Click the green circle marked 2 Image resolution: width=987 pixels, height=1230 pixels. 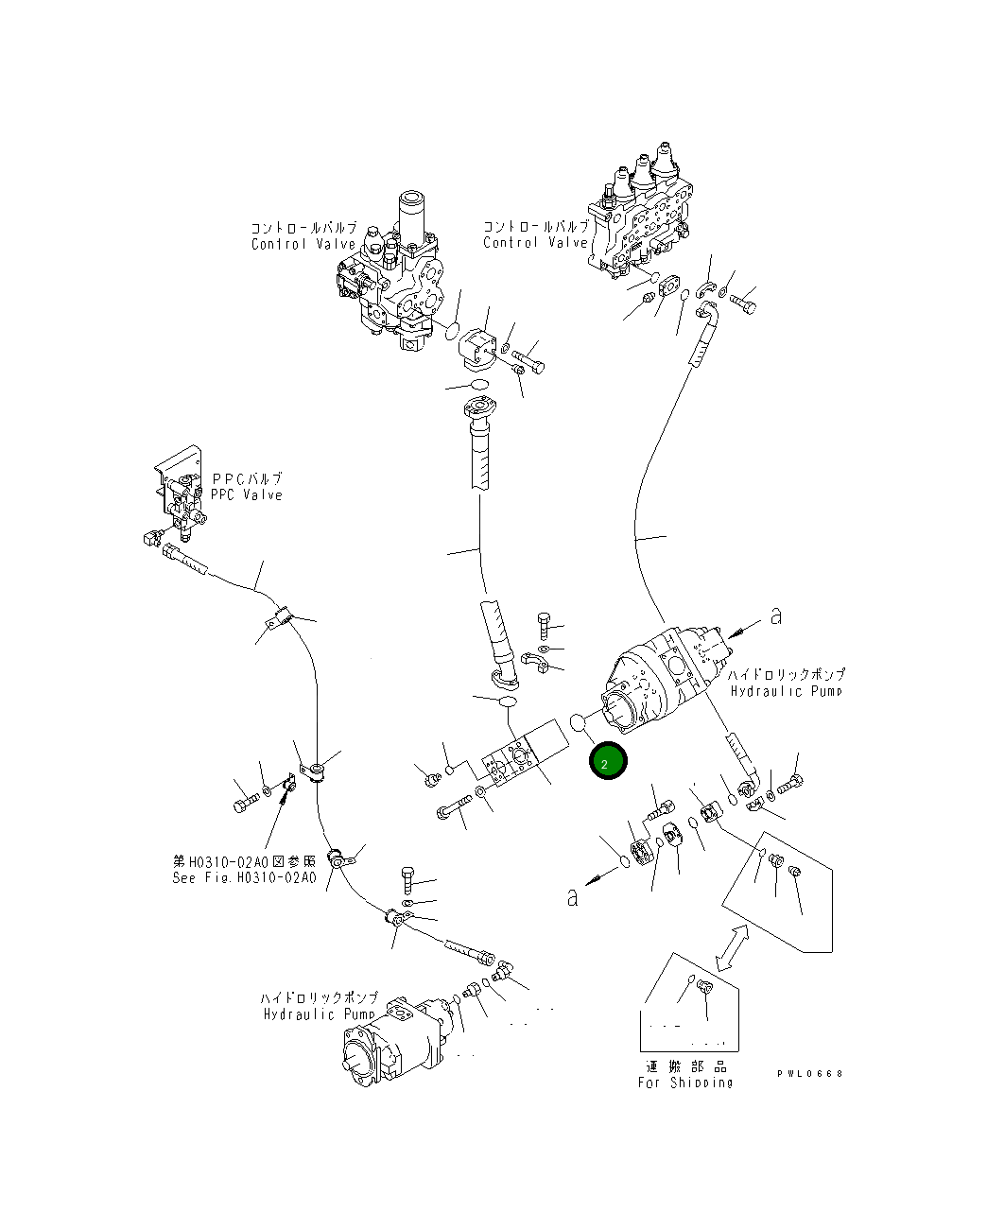tap(606, 762)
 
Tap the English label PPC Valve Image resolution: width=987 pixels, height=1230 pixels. tap(247, 495)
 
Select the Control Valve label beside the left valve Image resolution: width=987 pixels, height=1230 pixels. tap(303, 245)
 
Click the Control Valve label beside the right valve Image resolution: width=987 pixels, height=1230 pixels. tap(535, 243)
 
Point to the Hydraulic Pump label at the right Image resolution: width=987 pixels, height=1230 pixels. tap(788, 691)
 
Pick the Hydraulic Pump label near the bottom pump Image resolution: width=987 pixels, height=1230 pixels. tap(320, 1014)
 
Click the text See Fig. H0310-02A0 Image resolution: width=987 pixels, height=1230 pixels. tap(244, 877)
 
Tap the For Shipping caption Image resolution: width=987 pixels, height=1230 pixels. tap(685, 1083)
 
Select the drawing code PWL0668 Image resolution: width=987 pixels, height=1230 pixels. tap(809, 1074)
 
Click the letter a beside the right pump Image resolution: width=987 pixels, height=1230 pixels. tap(776, 616)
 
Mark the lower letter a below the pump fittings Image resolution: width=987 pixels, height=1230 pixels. tap(572, 897)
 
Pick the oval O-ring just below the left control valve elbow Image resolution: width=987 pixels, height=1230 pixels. tap(479, 384)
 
